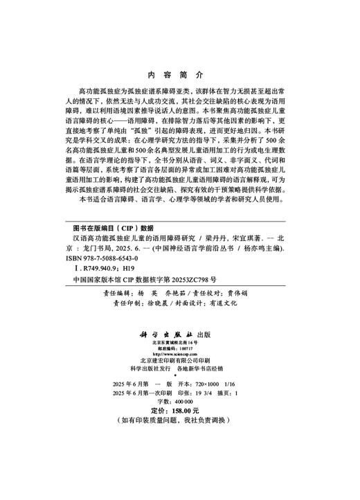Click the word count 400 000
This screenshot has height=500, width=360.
[183, 401]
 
